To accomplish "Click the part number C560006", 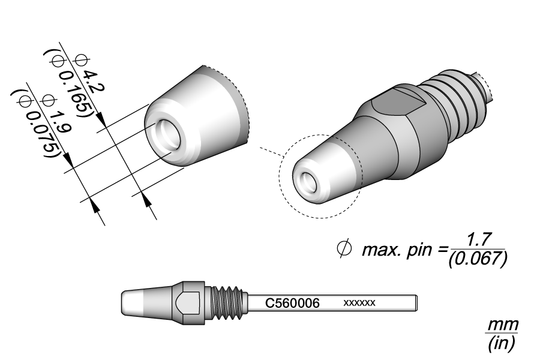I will [x=293, y=303].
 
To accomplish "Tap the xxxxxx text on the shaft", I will [x=359, y=303].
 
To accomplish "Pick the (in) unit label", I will [x=502, y=344].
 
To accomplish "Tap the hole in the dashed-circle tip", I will [x=308, y=181].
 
